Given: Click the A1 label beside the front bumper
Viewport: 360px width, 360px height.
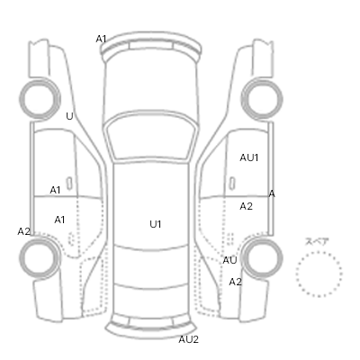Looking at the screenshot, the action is (x=101, y=39).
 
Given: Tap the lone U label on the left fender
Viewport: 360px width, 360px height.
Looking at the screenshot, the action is (x=69, y=116).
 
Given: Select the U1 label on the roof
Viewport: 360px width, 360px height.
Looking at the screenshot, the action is (x=156, y=224).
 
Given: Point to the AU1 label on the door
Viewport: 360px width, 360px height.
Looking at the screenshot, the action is (x=249, y=157).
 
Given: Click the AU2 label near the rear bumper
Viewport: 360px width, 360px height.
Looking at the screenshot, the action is (x=189, y=339).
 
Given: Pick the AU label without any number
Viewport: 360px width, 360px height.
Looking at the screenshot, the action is (x=229, y=260).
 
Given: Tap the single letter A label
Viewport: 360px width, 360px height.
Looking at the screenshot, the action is (x=272, y=193).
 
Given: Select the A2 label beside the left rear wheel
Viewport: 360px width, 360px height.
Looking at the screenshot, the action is (x=24, y=231).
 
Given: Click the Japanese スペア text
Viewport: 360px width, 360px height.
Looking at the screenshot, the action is (x=317, y=241).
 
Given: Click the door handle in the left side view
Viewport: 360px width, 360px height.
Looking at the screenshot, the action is (x=69, y=184).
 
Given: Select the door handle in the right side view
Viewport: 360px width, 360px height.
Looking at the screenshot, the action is (x=232, y=184).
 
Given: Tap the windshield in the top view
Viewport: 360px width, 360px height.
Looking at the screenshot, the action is (x=150, y=137).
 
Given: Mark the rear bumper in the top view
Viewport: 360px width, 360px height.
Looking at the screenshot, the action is (x=150, y=330).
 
